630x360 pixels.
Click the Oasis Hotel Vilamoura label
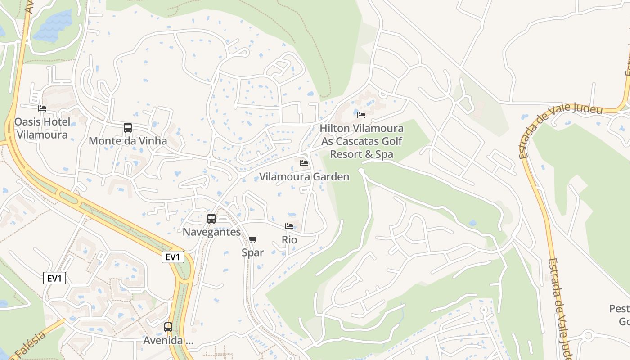[42, 128]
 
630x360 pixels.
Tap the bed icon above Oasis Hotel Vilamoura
[42, 108]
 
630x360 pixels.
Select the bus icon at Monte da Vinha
[128, 128]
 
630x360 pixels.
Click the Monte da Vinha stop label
[128, 141]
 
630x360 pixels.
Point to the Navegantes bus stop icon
[211, 219]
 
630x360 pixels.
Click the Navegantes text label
[211, 232]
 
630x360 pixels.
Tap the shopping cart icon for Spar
[252, 239]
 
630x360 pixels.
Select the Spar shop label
[252, 252]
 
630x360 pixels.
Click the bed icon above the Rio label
[289, 226]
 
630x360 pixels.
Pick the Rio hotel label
[289, 240]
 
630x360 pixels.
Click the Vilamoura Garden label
[304, 177]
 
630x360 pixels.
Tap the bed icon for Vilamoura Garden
[304, 163]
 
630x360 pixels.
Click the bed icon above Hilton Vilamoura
[361, 115]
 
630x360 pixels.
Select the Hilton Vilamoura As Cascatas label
[362, 141]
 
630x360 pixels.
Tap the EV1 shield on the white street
[54, 278]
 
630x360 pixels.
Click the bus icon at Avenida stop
[168, 327]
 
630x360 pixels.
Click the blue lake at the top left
[53, 26]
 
